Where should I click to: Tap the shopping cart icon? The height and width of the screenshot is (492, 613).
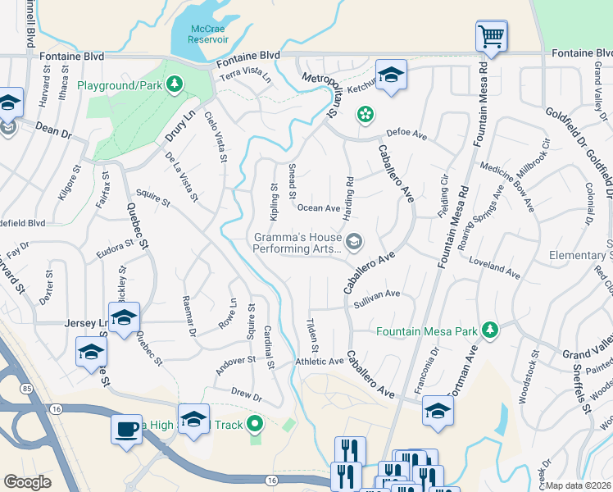(492, 35)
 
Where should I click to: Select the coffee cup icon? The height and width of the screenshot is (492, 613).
(126, 429)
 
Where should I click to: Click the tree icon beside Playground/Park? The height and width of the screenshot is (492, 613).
(174, 84)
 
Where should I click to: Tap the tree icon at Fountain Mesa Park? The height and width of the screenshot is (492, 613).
(490, 330)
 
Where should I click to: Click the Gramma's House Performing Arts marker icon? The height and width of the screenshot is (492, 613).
(354, 240)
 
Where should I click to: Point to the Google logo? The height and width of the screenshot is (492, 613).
(27, 482)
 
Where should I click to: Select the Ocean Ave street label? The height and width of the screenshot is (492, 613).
(318, 209)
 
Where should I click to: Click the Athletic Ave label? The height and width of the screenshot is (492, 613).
(320, 361)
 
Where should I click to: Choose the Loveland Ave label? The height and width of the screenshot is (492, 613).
(494, 266)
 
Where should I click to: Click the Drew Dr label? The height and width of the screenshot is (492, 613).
(246, 395)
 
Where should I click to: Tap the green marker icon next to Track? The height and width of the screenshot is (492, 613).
(256, 425)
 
